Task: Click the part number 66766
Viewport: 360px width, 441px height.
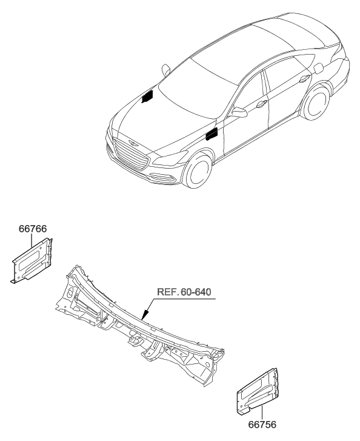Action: pyautogui.click(x=33, y=229)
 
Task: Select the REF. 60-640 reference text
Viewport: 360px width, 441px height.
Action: pyautogui.click(x=184, y=292)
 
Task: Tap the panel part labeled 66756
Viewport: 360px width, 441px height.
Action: pyautogui.click(x=258, y=390)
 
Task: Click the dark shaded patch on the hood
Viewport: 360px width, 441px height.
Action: pyautogui.click(x=147, y=96)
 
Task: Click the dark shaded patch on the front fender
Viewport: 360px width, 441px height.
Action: pyautogui.click(x=212, y=135)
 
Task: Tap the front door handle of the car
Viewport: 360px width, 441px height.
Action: pyautogui.click(x=261, y=104)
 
